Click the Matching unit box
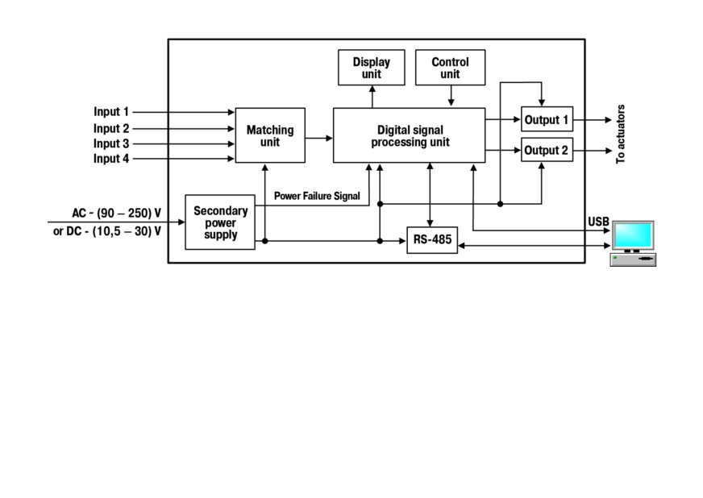pos(270,135)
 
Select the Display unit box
pos(371,68)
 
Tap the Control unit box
pos(450,68)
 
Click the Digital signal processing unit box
pos(409,135)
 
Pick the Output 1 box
pos(547,119)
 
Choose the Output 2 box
pos(547,150)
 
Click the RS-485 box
pos(432,240)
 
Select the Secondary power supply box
pos(220,222)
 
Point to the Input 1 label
pos(111,112)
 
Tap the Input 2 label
pos(111,129)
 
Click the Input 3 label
pos(111,143)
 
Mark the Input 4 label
pos(111,159)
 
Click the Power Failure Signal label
pos(317,196)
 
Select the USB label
pos(598,222)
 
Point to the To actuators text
pos(621,135)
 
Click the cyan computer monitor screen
pos(634,234)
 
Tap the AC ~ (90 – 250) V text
pos(117,213)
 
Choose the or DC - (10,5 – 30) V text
pos(107,231)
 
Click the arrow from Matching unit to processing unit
pos(318,138)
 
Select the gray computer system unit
pos(633,259)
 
